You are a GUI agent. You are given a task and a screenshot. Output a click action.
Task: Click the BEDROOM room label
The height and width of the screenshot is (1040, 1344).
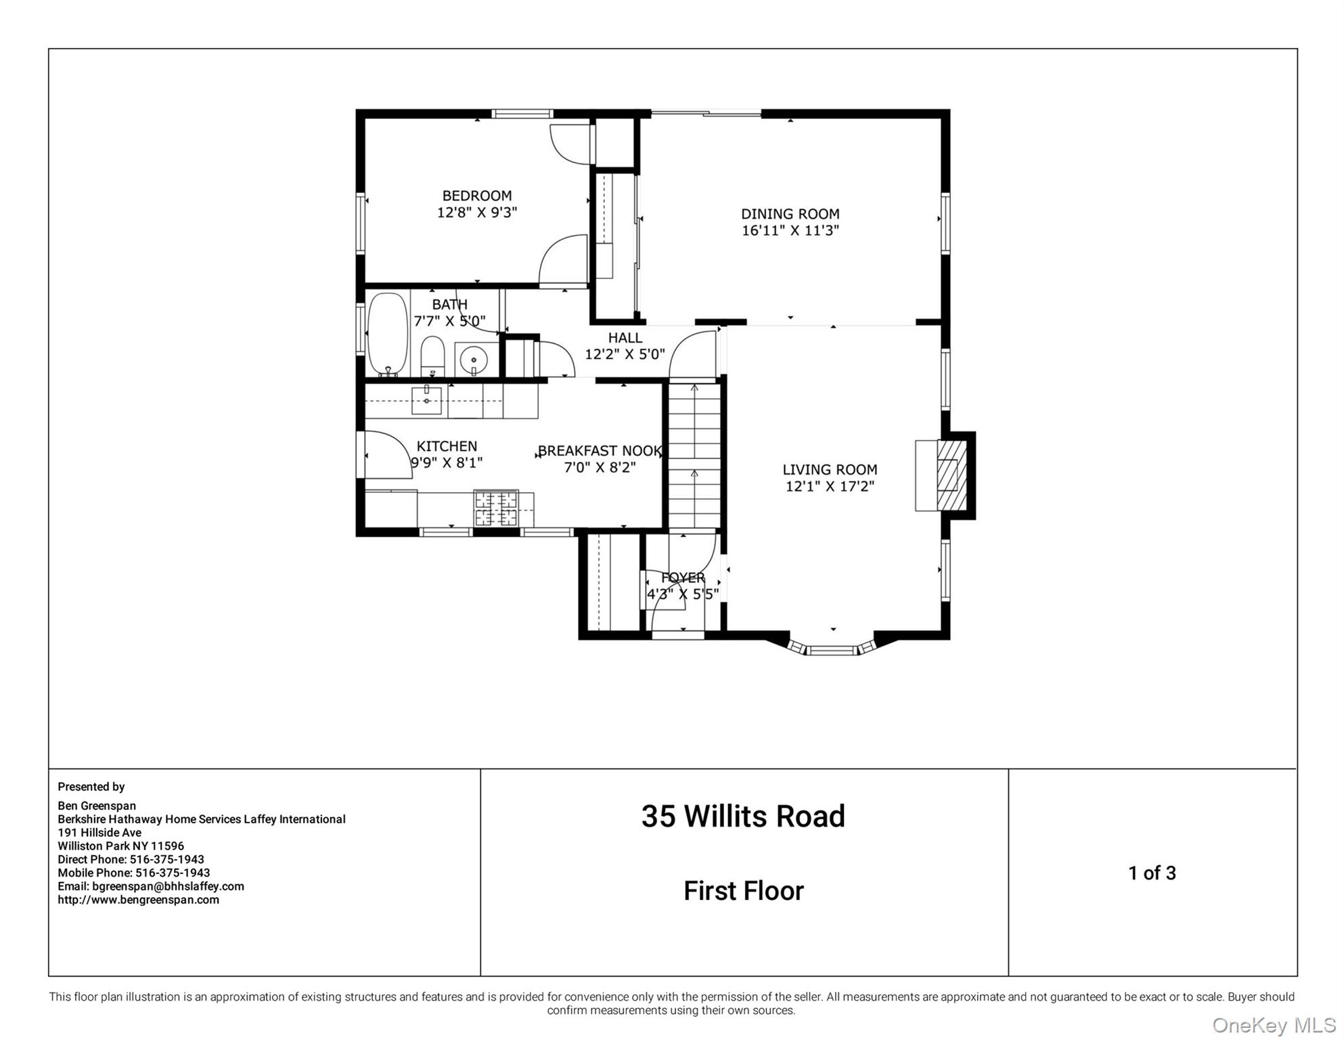(x=476, y=196)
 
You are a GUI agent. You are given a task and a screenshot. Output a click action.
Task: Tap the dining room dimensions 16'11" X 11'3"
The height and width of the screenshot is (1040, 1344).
(x=790, y=231)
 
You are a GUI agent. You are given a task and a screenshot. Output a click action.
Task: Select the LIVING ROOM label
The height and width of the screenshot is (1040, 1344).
(x=830, y=469)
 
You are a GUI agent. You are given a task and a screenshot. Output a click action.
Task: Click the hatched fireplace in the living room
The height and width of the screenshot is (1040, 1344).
(x=951, y=475)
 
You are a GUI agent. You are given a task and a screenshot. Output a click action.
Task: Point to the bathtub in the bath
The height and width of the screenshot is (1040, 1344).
(x=387, y=334)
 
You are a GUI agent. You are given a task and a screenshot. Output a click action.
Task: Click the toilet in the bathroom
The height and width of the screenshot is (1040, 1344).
(x=432, y=355)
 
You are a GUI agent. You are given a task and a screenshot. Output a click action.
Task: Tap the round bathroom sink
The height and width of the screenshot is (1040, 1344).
(x=473, y=358)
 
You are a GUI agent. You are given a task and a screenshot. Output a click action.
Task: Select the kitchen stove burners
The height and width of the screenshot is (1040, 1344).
(x=495, y=508)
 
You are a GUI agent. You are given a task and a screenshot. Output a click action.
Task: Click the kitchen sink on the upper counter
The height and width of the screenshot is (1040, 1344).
(x=427, y=400)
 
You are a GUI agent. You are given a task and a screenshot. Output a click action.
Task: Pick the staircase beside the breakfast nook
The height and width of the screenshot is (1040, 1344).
(x=694, y=454)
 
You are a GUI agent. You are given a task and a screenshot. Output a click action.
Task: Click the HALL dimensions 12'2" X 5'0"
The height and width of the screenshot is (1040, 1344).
(x=625, y=354)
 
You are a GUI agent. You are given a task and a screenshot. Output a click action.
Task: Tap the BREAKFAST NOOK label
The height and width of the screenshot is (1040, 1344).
(x=600, y=451)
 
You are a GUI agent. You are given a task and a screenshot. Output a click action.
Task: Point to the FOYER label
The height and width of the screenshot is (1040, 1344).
(x=683, y=578)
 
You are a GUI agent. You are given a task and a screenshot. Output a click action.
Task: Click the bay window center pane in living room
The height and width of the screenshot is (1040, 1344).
(x=832, y=651)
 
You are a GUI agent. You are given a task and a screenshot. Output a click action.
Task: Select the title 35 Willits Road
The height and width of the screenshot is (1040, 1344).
(x=743, y=816)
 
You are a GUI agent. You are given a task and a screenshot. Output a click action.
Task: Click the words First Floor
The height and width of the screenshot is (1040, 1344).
(x=743, y=891)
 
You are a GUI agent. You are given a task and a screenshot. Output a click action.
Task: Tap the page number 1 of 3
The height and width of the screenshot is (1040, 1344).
(x=1152, y=873)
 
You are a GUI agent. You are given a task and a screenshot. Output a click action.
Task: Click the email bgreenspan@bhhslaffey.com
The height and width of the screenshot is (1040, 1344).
(x=168, y=886)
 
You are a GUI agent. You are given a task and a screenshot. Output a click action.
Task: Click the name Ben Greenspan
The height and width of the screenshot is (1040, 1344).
(x=97, y=806)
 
